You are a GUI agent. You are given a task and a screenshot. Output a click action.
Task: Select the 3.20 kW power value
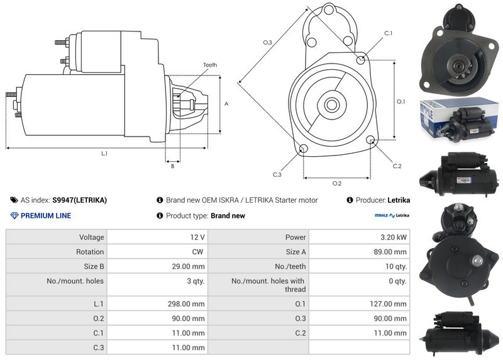pyautogui.click(x=394, y=237)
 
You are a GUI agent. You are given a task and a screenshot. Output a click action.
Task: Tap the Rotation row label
pyautogui.click(x=90, y=252)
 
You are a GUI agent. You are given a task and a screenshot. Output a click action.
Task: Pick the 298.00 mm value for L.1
pyautogui.click(x=186, y=304)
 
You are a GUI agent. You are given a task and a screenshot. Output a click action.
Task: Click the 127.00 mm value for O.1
pyautogui.click(x=388, y=304)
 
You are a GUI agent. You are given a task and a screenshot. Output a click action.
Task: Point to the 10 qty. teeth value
pyautogui.click(x=396, y=266)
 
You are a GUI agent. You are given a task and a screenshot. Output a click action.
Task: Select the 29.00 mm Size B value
pyautogui.click(x=188, y=266)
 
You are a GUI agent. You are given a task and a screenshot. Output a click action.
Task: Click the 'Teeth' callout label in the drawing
pyautogui.click(x=210, y=65)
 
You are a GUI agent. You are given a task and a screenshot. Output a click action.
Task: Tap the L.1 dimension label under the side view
pyautogui.click(x=104, y=154)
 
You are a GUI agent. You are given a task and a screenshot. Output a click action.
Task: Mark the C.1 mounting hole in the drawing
pyautogui.click(x=360, y=60)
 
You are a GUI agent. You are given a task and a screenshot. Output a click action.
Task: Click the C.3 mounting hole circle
pyautogui.click(x=304, y=149)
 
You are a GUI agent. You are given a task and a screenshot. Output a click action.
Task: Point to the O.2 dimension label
pyautogui.click(x=337, y=183)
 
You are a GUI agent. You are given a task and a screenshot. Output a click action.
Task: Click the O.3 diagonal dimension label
pyautogui.click(x=268, y=42)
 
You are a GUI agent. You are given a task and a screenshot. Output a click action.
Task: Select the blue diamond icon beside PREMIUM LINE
pyautogui.click(x=14, y=215)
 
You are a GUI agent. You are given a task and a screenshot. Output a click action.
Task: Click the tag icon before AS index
pyautogui.click(x=14, y=200)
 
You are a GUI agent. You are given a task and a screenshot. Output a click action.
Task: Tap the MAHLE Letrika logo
pyautogui.click(x=392, y=215)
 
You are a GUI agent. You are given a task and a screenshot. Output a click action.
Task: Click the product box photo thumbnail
pyautogui.click(x=460, y=120)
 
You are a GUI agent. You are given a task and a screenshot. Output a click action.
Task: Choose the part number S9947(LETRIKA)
pyautogui.click(x=80, y=200)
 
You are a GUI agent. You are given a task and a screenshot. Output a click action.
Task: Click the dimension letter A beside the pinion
pyautogui.click(x=226, y=104)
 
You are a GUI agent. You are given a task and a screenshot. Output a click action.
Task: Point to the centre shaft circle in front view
pyautogui.click(x=331, y=104)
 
